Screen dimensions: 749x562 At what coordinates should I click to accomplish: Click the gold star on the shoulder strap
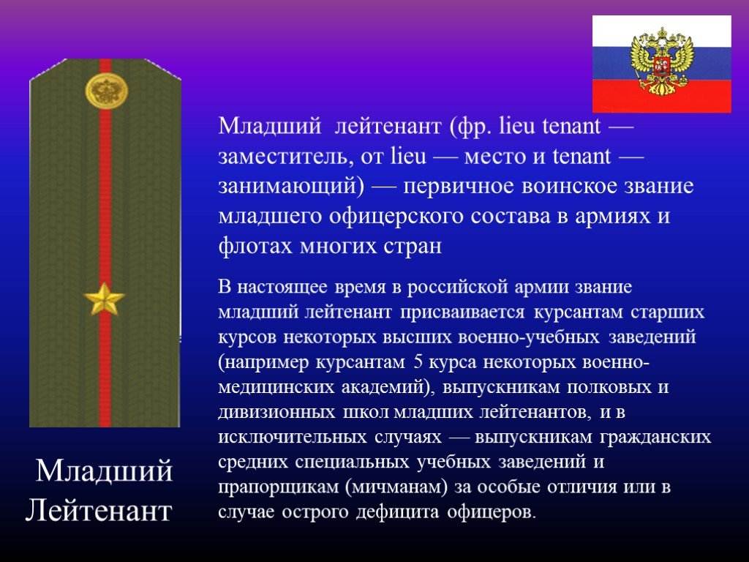(104, 299)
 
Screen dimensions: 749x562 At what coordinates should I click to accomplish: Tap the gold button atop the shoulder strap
(107, 90)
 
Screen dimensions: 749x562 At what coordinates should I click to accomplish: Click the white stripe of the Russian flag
(661, 31)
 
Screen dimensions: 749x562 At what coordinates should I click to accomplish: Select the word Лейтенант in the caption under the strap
(99, 510)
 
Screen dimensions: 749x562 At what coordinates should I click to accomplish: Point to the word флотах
(255, 246)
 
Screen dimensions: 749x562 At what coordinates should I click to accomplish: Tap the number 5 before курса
(418, 362)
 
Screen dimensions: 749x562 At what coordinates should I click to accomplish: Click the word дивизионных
(276, 412)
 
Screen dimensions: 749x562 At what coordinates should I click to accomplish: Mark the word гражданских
(655, 438)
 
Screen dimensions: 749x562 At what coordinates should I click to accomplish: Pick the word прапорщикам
(278, 487)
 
